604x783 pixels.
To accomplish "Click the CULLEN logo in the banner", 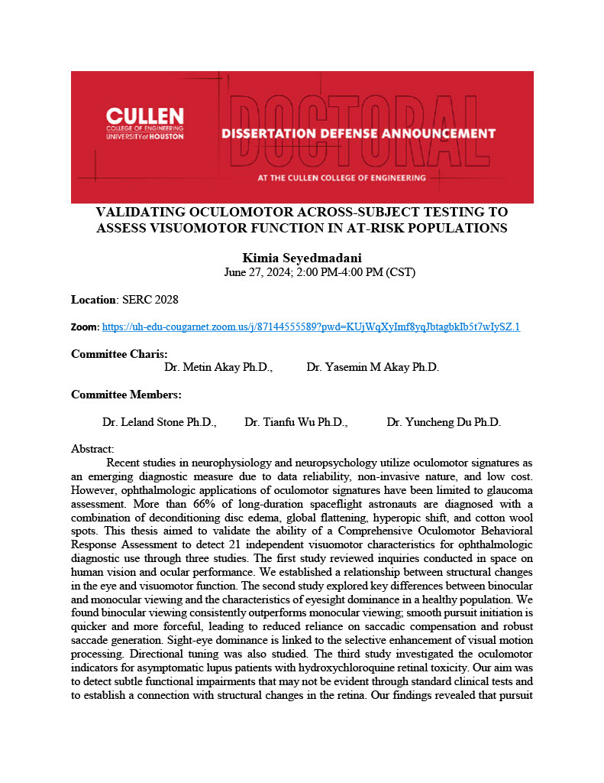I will pyautogui.click(x=145, y=123).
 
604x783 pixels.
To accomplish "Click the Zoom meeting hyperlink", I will pyautogui.click(x=311, y=327).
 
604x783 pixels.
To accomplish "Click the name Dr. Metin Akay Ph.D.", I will pyautogui.click(x=218, y=367).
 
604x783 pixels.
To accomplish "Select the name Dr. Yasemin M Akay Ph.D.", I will pyautogui.click(x=373, y=367).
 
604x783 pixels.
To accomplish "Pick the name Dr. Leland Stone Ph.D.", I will pyautogui.click(x=159, y=422).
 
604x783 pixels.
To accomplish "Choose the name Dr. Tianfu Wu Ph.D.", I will pyautogui.click(x=296, y=422).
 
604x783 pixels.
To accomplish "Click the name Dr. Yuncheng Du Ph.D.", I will pyautogui.click(x=444, y=422).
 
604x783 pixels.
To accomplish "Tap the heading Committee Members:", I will pyautogui.click(x=126, y=395).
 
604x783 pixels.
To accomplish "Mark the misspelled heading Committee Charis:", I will pyautogui.click(x=119, y=354).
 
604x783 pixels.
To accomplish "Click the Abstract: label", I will pyautogui.click(x=92, y=450).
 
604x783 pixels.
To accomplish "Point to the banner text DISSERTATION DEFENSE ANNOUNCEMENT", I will pyautogui.click(x=358, y=134).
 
